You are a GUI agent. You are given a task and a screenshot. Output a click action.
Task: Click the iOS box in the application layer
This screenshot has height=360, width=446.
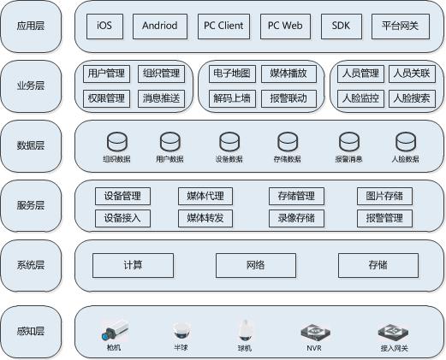[x=104, y=27]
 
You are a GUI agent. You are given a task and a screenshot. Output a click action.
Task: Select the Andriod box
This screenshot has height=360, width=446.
[x=160, y=27]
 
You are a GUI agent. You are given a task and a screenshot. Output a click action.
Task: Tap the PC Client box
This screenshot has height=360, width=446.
[x=223, y=27]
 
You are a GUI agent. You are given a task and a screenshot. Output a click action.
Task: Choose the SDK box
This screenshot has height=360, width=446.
[x=342, y=27]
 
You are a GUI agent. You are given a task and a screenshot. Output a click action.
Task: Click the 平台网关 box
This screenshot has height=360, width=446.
[x=401, y=27]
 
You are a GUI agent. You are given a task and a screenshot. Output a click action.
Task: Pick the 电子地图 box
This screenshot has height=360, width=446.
[x=232, y=74]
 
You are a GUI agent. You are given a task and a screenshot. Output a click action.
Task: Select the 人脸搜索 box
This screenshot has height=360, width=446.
[x=412, y=98]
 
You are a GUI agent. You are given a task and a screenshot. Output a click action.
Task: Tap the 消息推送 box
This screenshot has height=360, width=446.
[x=161, y=98]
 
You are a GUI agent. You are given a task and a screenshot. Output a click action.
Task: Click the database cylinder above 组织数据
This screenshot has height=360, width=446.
[x=117, y=142]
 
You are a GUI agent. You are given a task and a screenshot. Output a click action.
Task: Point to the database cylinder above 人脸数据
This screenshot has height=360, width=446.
[x=406, y=142]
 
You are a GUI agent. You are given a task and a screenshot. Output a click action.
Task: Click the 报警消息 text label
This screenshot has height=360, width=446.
[x=348, y=159]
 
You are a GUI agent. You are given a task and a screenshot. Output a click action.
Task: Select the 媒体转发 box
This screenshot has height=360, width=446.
[x=205, y=218]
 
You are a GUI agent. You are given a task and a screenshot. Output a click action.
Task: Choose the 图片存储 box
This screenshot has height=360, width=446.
[x=384, y=196]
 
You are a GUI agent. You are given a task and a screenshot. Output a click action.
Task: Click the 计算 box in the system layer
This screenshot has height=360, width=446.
[x=133, y=265]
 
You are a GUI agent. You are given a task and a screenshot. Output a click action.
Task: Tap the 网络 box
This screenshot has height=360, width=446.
[x=256, y=265]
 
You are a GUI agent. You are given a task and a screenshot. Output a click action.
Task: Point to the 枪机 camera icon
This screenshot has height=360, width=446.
[x=115, y=330]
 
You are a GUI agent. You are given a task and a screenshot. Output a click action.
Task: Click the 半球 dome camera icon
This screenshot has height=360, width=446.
[x=181, y=331]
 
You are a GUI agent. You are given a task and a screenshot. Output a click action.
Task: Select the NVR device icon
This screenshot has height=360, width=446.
[x=315, y=333]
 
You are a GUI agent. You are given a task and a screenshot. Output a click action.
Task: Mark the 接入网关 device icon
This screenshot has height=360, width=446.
[x=393, y=333]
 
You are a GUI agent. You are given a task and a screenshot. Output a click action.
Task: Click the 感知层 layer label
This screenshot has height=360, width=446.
[x=31, y=331]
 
